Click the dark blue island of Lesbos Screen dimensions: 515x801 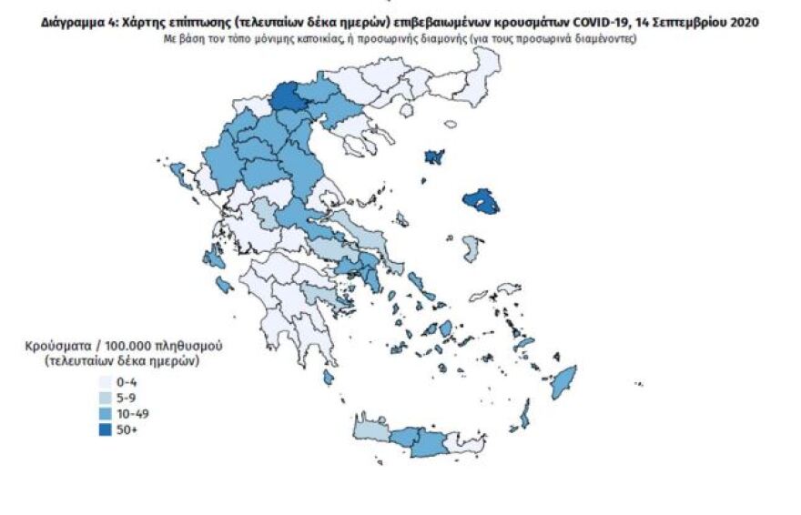click(x=481, y=200)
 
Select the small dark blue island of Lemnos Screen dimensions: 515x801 click(x=434, y=157)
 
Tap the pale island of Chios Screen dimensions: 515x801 click(x=471, y=247)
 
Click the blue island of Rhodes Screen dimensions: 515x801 click(x=564, y=382)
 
